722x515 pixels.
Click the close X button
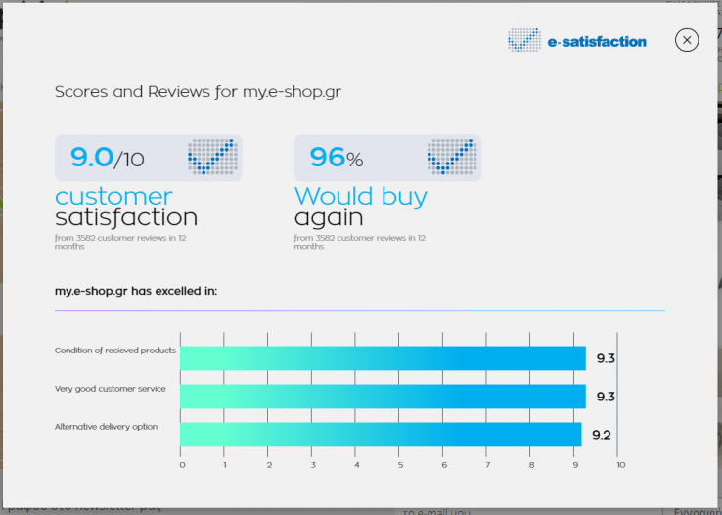687,40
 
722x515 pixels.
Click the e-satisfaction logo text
597,42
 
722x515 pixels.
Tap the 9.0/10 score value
108,157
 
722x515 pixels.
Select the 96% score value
336,157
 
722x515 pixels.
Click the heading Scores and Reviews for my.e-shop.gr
198,92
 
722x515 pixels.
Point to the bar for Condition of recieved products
383,358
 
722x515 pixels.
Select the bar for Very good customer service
383,396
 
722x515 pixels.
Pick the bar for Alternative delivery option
381,434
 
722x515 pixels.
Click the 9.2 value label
602,435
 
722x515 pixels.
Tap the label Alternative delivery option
106,427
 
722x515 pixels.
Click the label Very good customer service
110,389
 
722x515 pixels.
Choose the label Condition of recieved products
114,351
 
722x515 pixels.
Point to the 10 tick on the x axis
619,465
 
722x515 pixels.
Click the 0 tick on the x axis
181,465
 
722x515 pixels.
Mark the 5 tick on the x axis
400,465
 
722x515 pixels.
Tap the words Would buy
360,196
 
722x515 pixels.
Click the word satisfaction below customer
125,217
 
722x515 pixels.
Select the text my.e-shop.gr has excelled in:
136,291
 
